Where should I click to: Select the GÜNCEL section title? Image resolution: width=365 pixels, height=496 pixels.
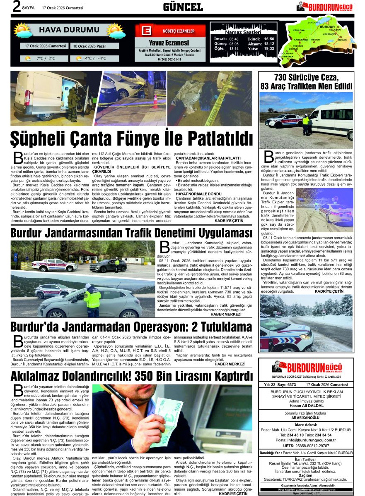point(182,7)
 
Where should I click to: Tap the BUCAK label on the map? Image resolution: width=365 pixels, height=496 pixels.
point(342,40)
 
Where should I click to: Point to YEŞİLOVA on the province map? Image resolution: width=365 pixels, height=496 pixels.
point(299,31)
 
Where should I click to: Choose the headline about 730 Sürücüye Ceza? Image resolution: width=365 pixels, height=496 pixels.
point(306,82)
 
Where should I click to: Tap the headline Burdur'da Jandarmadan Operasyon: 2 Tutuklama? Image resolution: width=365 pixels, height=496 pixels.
point(131,327)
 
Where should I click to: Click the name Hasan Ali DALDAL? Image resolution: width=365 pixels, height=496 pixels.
point(306,405)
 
